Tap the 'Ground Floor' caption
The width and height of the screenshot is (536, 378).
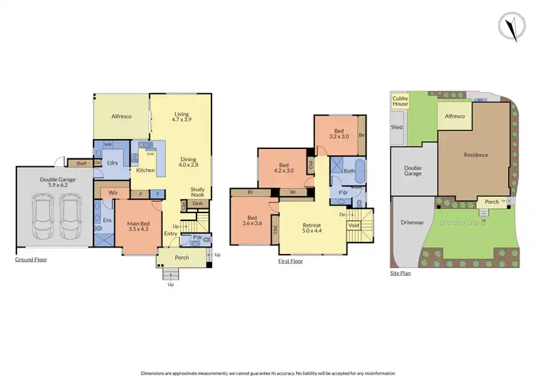pyautogui.click(x=31, y=260)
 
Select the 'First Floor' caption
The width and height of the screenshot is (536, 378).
pyautogui.click(x=291, y=262)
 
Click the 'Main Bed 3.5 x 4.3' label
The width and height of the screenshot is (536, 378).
pyautogui.click(x=139, y=225)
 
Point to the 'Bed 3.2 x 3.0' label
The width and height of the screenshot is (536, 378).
pyautogui.click(x=339, y=133)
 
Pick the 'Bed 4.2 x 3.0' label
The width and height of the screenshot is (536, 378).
pyautogui.click(x=284, y=167)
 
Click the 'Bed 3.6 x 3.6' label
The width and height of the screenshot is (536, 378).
pyautogui.click(x=253, y=221)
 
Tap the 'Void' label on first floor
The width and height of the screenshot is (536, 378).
pyautogui.click(x=354, y=225)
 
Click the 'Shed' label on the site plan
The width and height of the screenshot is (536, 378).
pyautogui.click(x=397, y=128)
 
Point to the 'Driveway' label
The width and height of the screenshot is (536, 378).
pyautogui.click(x=412, y=223)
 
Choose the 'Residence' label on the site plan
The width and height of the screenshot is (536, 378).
pyautogui.click(x=476, y=155)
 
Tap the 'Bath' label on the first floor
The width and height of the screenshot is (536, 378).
pyautogui.click(x=349, y=171)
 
